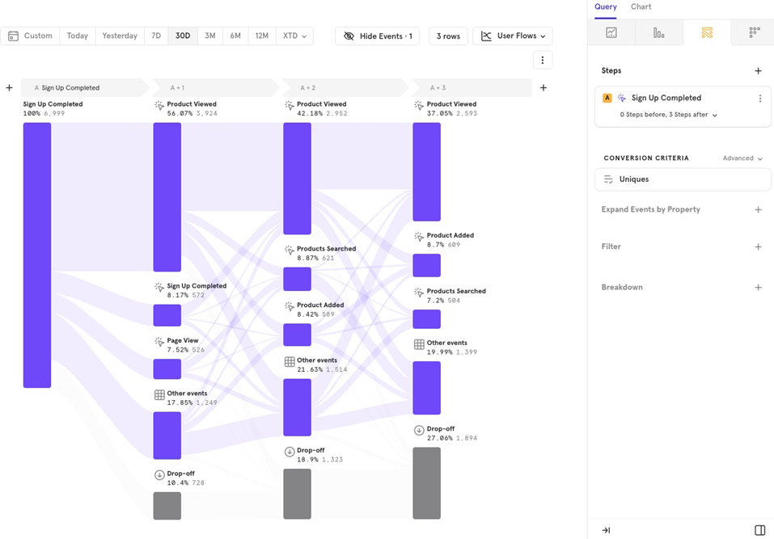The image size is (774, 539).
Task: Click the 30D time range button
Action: click(183, 36)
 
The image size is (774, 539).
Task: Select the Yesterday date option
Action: click(120, 36)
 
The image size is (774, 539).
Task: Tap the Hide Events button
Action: click(378, 36)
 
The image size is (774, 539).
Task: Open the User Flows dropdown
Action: click(513, 36)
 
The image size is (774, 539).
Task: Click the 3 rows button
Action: click(448, 36)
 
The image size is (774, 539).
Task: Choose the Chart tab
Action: click(641, 7)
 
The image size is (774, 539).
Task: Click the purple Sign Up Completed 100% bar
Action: click(37, 255)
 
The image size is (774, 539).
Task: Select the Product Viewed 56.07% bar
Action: click(167, 196)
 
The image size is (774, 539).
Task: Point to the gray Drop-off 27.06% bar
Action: click(427, 482)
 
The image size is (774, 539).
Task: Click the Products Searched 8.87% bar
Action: click(298, 279)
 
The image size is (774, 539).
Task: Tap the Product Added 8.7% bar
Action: click(427, 265)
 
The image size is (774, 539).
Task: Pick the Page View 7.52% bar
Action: click(167, 368)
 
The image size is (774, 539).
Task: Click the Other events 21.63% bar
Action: click(298, 407)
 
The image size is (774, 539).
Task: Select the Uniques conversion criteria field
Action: click(683, 179)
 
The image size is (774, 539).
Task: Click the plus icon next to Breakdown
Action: click(758, 288)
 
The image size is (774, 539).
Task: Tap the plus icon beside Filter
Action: click(758, 247)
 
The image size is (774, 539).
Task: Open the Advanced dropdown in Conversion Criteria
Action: click(742, 158)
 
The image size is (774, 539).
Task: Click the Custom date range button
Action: click(31, 36)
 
